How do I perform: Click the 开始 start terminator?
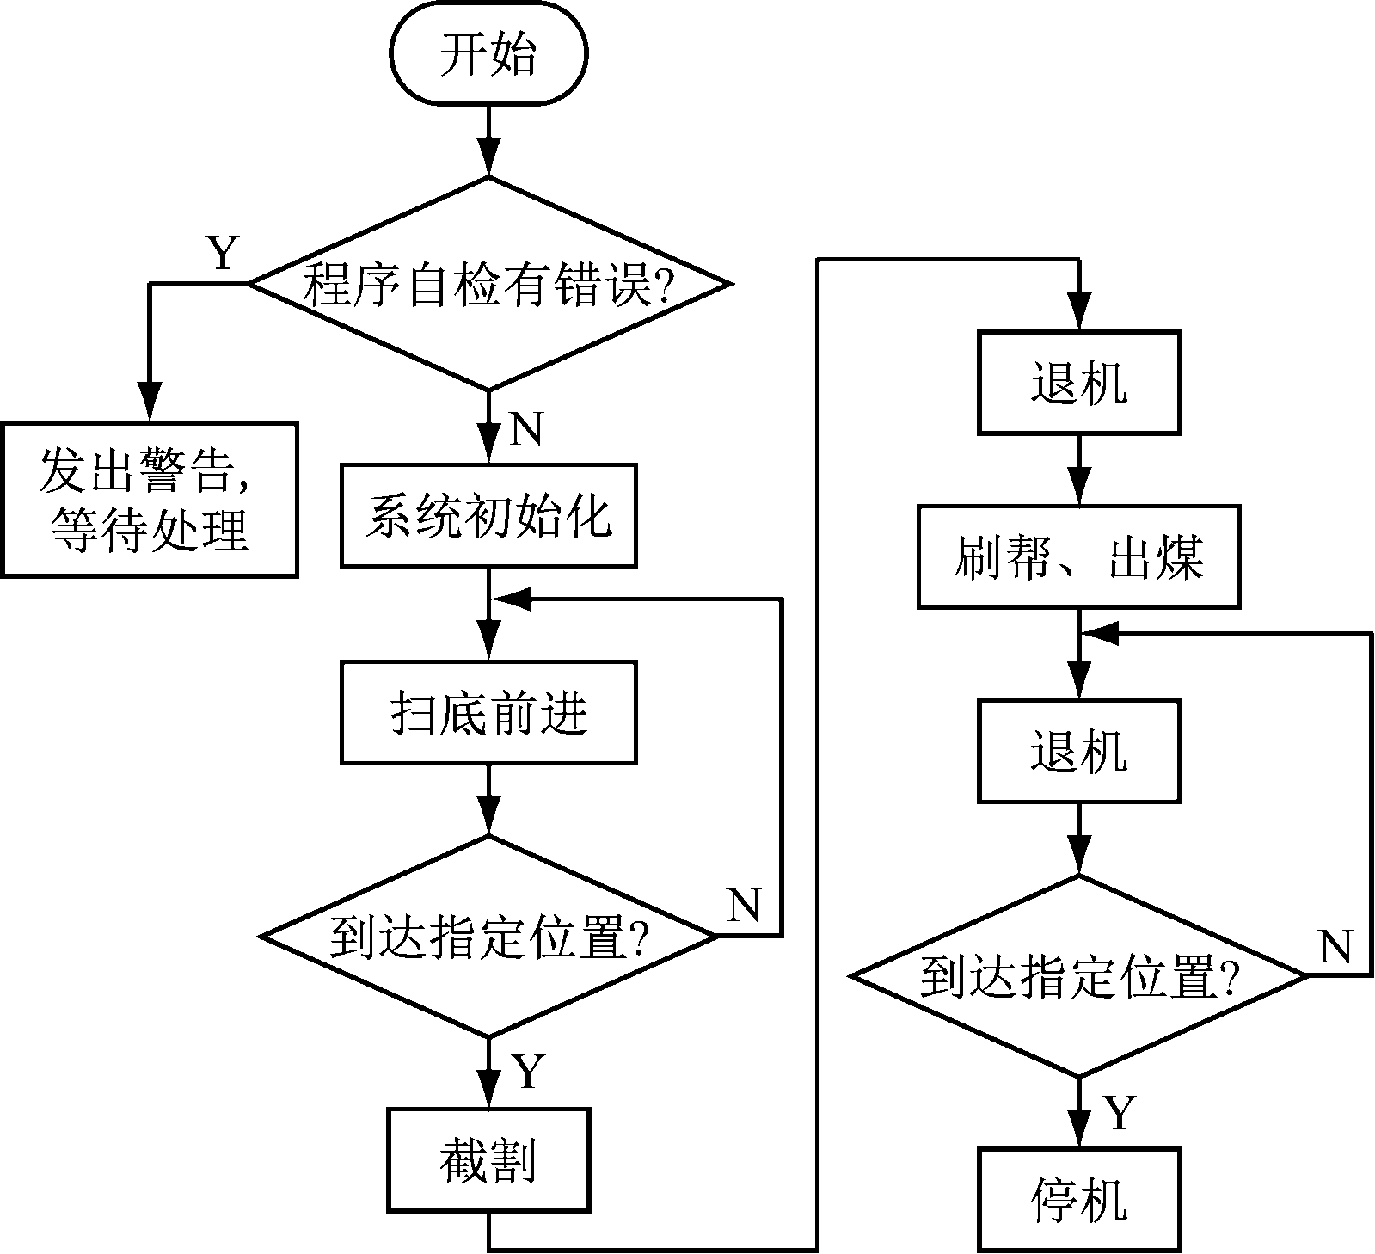488,53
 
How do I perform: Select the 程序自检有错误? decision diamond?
488,284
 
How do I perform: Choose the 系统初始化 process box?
488,516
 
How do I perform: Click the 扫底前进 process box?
488,712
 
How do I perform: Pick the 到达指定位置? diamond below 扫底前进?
488,936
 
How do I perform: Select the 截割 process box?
488,1159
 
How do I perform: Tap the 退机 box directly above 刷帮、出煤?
1078,383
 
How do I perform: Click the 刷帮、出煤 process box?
1078,557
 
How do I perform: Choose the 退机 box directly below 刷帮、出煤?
1078,751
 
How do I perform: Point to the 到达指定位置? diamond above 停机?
1078,975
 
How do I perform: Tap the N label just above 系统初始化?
526,428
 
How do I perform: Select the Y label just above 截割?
528,1072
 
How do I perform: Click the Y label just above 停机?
1119,1112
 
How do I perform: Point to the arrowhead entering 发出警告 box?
150,404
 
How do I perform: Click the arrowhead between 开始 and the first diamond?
488,160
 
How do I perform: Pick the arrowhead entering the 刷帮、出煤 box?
1078,489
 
